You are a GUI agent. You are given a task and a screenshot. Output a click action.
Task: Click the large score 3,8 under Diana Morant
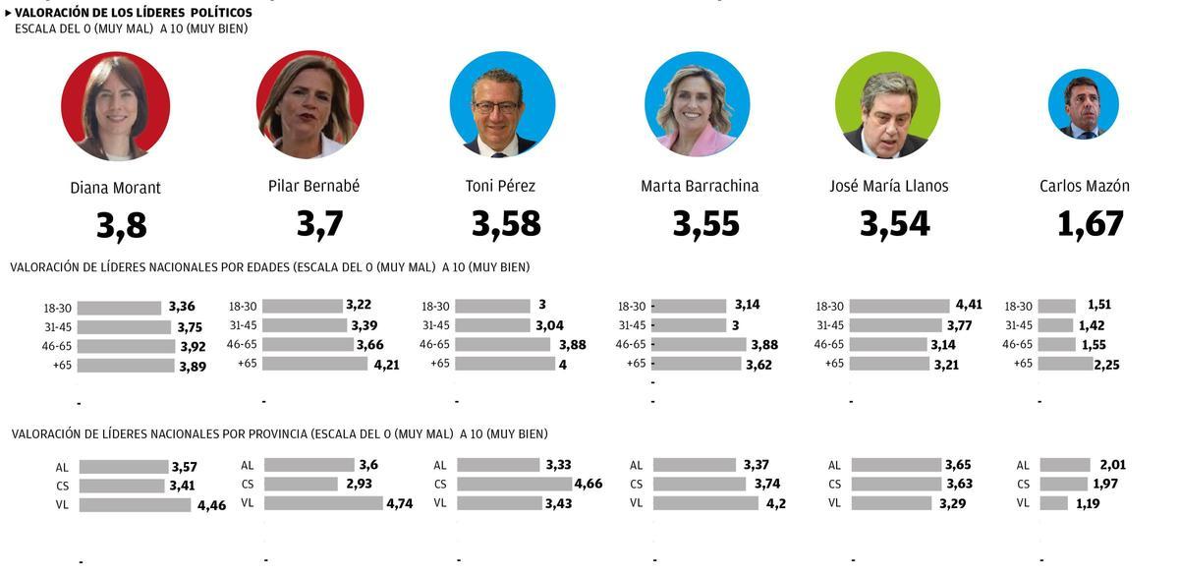tap(122, 226)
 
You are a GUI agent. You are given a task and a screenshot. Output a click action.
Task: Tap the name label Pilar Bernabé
tap(313, 186)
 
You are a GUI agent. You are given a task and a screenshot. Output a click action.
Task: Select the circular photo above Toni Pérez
tap(502, 104)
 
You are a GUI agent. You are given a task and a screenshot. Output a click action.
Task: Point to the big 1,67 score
tap(1090, 224)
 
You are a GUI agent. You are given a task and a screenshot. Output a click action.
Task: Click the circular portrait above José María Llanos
tap(887, 105)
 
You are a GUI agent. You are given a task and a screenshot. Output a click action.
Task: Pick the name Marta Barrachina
tap(700, 186)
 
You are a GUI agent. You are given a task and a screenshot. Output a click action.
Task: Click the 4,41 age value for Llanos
tap(968, 305)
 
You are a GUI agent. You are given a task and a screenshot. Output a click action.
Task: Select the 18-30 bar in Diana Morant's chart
tap(119, 308)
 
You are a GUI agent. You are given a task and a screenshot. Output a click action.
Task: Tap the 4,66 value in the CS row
tap(589, 484)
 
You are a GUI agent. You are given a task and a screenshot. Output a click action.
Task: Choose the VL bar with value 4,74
tap(323, 503)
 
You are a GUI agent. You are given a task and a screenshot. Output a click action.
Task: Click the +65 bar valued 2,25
tap(1065, 364)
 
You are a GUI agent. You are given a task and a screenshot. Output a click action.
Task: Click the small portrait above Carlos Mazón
tap(1083, 104)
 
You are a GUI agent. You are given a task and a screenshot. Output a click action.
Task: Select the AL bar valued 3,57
tap(124, 467)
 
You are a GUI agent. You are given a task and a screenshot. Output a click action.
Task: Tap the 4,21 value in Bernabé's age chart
tap(385, 364)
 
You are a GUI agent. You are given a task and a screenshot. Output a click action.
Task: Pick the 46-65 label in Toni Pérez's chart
tap(434, 344)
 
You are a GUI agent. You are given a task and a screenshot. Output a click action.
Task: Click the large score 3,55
tap(705, 224)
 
